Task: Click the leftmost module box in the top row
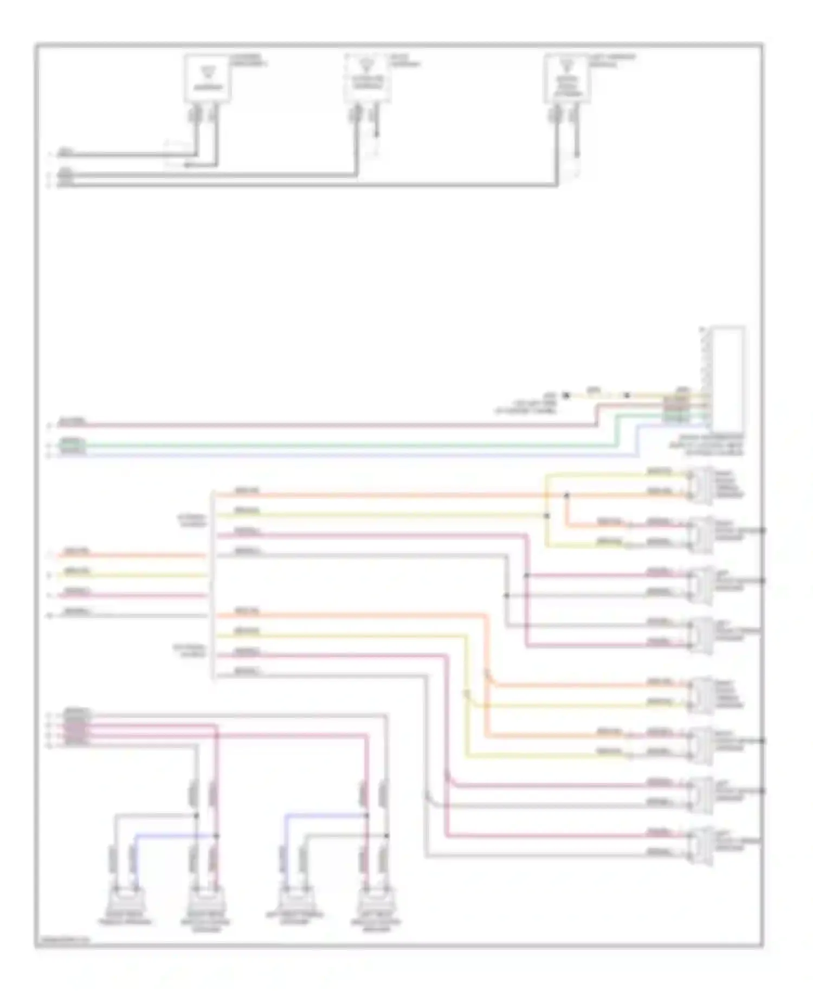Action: pyautogui.click(x=208, y=78)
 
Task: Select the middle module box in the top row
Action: pyautogui.click(x=367, y=79)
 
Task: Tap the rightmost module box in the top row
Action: pyautogui.click(x=567, y=79)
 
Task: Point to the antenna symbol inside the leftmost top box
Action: pyautogui.click(x=208, y=70)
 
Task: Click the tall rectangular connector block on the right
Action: pyautogui.click(x=728, y=378)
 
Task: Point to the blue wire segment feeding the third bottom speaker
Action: pyautogui.click(x=320, y=814)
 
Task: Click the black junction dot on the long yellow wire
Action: pyautogui.click(x=546, y=516)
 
